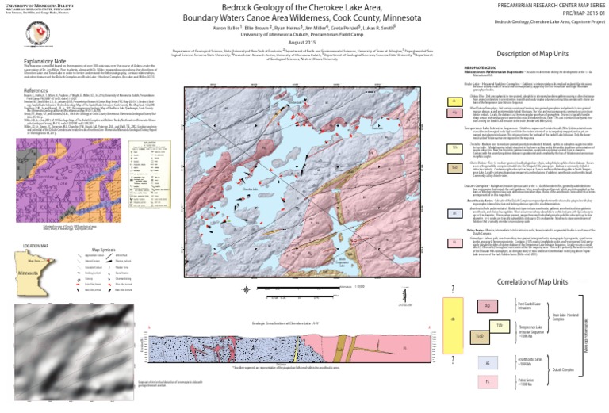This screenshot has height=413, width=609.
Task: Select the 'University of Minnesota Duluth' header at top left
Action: coord(35,4)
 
